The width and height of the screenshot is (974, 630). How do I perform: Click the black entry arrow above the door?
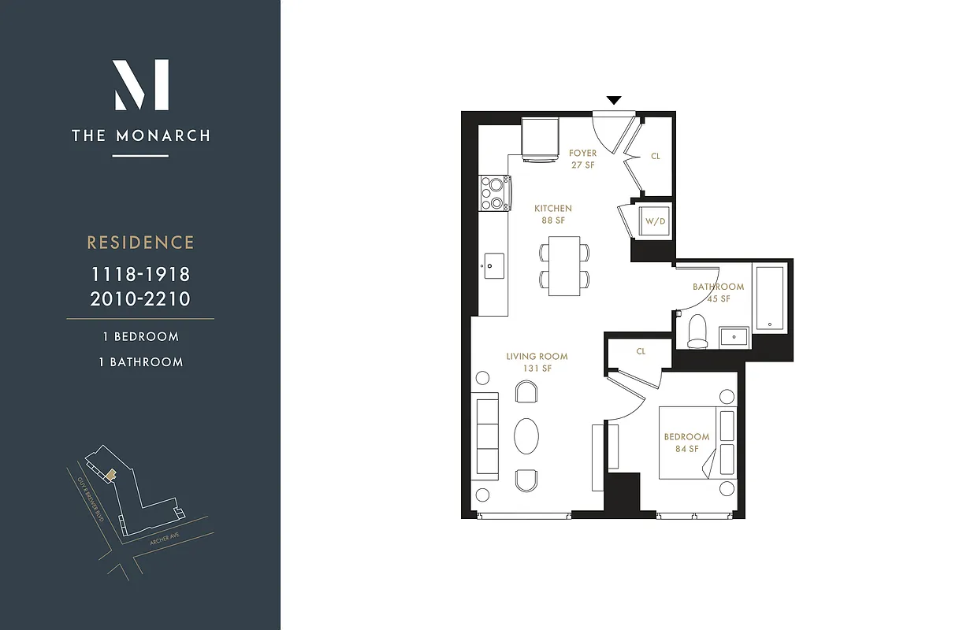coord(614,100)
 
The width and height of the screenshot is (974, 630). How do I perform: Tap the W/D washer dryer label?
coord(655,221)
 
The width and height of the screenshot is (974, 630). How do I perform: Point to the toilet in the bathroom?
coord(697,331)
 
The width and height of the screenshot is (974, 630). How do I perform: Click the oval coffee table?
coord(526,435)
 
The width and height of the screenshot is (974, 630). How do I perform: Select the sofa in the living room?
coord(488,435)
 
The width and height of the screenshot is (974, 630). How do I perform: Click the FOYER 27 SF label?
coord(583,159)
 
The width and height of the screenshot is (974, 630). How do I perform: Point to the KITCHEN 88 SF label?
coord(553,214)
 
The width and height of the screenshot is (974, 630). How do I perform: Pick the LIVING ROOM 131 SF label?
coord(537,362)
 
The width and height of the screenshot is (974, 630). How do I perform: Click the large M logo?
coord(141,85)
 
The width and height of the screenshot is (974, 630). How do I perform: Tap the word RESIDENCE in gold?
coord(140,243)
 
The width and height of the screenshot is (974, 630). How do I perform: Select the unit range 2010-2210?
coord(140,298)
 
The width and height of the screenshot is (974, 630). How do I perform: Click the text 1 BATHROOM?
coord(140,362)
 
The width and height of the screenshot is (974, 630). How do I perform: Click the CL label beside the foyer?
coord(656,156)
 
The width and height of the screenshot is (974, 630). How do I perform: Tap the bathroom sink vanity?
coord(735,336)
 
